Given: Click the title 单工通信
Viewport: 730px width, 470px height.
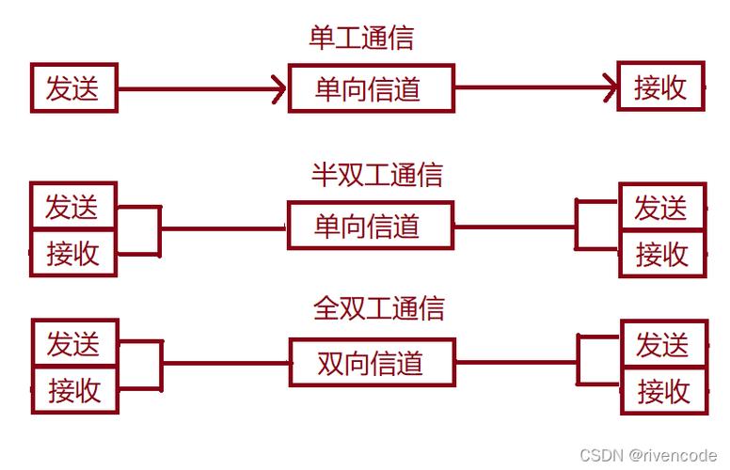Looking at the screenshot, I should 361,38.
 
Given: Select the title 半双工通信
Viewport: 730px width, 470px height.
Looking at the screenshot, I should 376,175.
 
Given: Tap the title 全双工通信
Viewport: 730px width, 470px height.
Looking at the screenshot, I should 378,308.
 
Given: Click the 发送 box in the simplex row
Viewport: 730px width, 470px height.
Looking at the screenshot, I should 73,88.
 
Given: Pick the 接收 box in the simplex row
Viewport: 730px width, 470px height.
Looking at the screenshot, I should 660,87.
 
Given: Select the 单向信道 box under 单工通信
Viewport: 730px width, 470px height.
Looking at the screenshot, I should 371,88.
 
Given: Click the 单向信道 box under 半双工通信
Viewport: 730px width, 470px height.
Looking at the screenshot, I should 371,226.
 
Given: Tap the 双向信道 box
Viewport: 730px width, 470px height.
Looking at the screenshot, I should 372,362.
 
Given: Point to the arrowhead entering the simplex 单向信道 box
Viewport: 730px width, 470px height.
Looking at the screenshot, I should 278,89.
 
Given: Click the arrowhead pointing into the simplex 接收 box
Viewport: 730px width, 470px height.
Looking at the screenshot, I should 610,88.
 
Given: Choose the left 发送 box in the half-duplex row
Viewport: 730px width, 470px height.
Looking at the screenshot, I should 73,205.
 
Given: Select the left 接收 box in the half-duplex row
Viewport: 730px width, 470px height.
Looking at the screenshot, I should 73,252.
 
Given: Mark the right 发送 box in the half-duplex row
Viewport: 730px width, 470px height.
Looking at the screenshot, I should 661,207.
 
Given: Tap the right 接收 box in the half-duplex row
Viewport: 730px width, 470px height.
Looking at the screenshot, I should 661,254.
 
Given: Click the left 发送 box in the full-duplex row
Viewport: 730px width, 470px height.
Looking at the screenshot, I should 74,342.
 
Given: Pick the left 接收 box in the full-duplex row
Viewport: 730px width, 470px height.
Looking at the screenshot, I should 74,389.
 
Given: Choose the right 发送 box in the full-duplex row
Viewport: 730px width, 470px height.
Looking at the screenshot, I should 663,343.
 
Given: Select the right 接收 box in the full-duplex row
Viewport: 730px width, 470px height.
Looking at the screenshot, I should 663,390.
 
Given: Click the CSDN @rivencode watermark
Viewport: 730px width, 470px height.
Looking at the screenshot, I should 649,455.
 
